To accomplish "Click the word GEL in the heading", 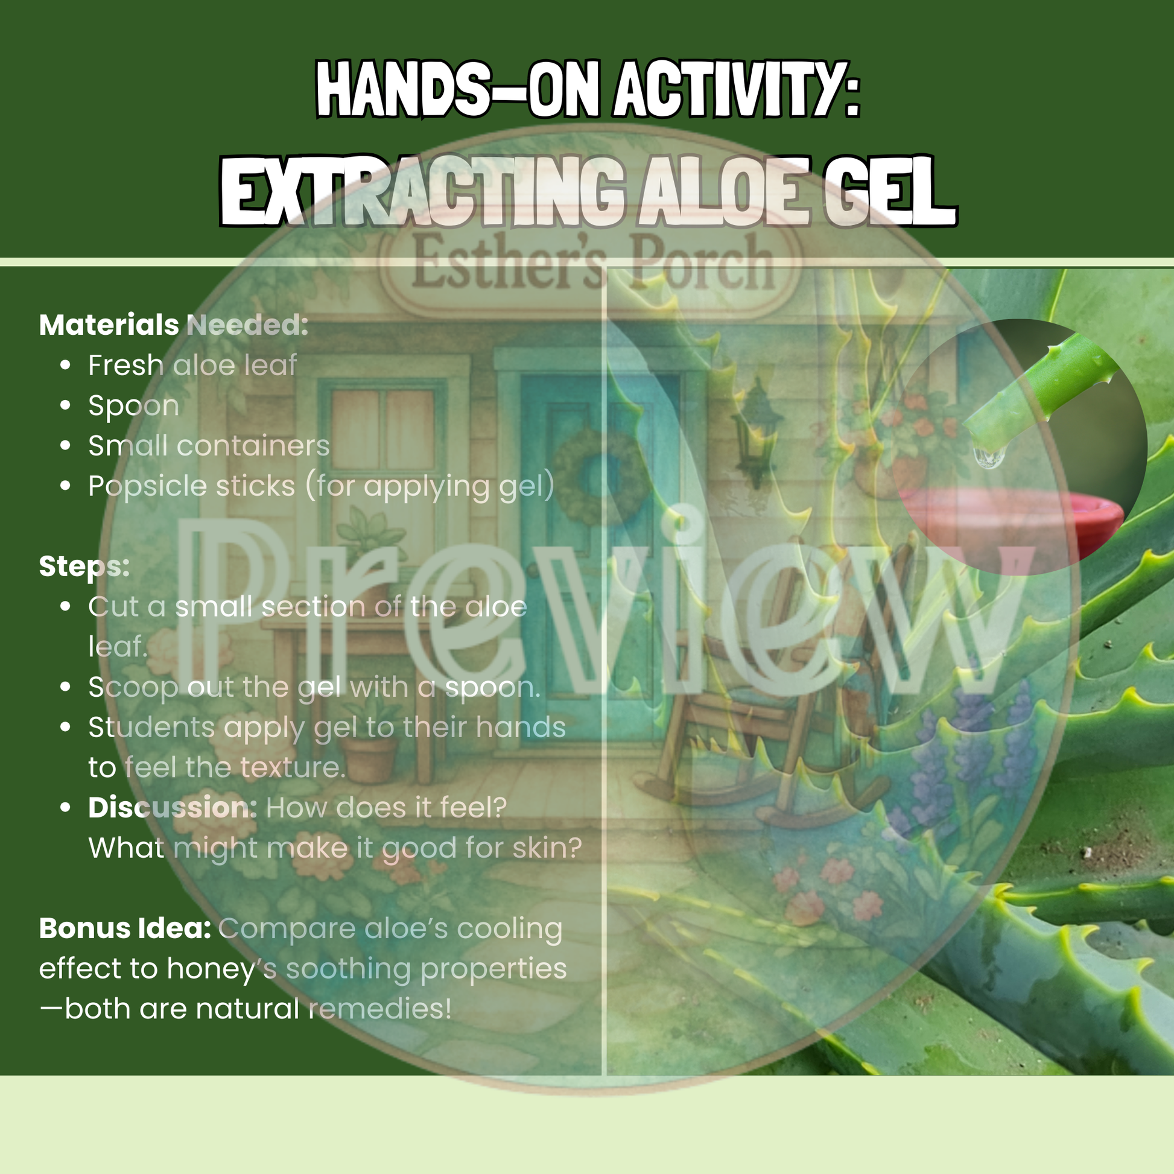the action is click(889, 192).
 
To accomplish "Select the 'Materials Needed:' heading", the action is click(174, 325).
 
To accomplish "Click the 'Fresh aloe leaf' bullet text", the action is click(192, 365).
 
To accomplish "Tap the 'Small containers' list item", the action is click(209, 446).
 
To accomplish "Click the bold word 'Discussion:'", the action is click(173, 808).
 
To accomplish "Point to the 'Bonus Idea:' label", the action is click(125, 928).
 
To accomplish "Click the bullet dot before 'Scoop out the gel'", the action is click(66, 687).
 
